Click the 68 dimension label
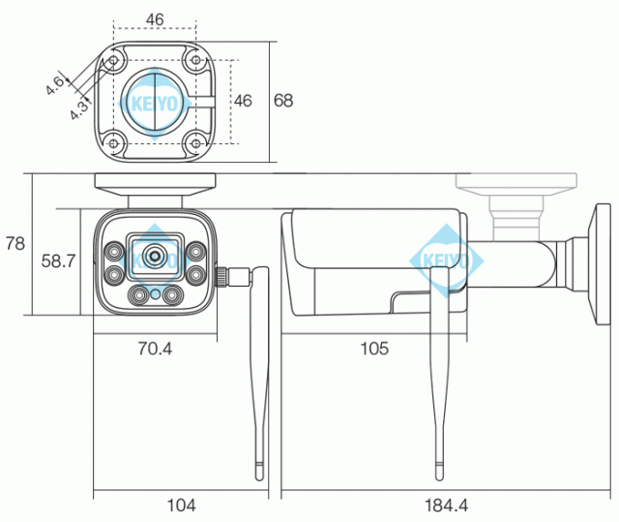click(283, 100)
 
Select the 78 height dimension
click(15, 244)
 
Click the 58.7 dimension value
click(59, 261)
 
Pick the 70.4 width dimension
click(154, 348)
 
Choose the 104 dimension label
click(181, 505)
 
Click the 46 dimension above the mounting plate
click(154, 18)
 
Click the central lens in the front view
click(154, 257)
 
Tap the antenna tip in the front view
click(259, 472)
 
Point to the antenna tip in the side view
click(440, 472)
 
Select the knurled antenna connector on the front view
click(228, 277)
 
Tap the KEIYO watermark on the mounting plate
click(155, 101)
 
